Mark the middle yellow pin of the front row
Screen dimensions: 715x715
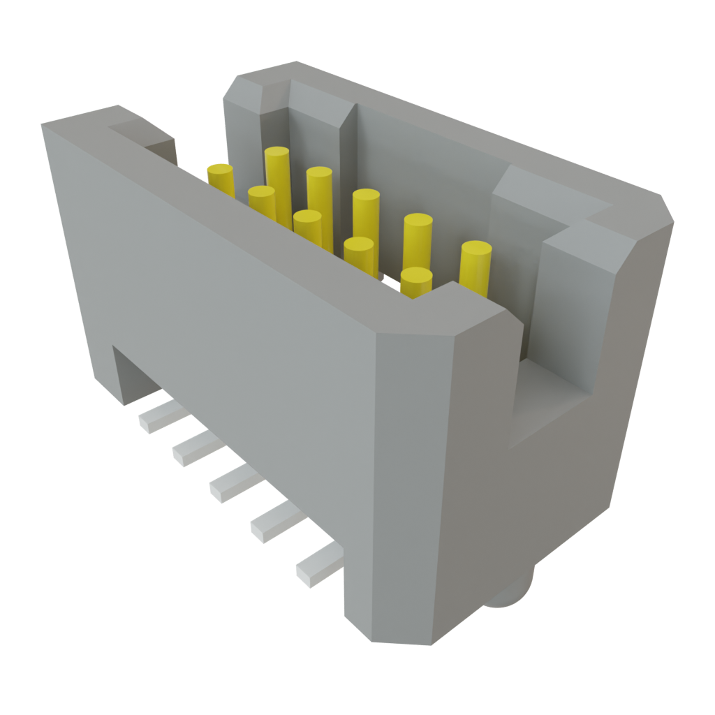[x=307, y=223]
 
